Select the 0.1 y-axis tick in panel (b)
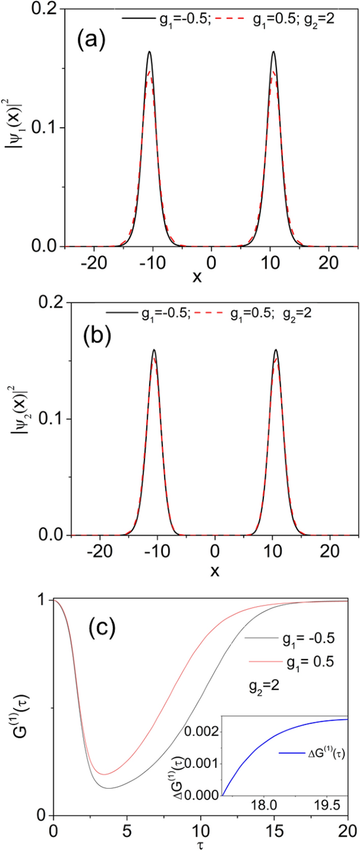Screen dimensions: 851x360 (x=55, y=419)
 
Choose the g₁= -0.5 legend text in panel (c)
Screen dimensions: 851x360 (x=290, y=639)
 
